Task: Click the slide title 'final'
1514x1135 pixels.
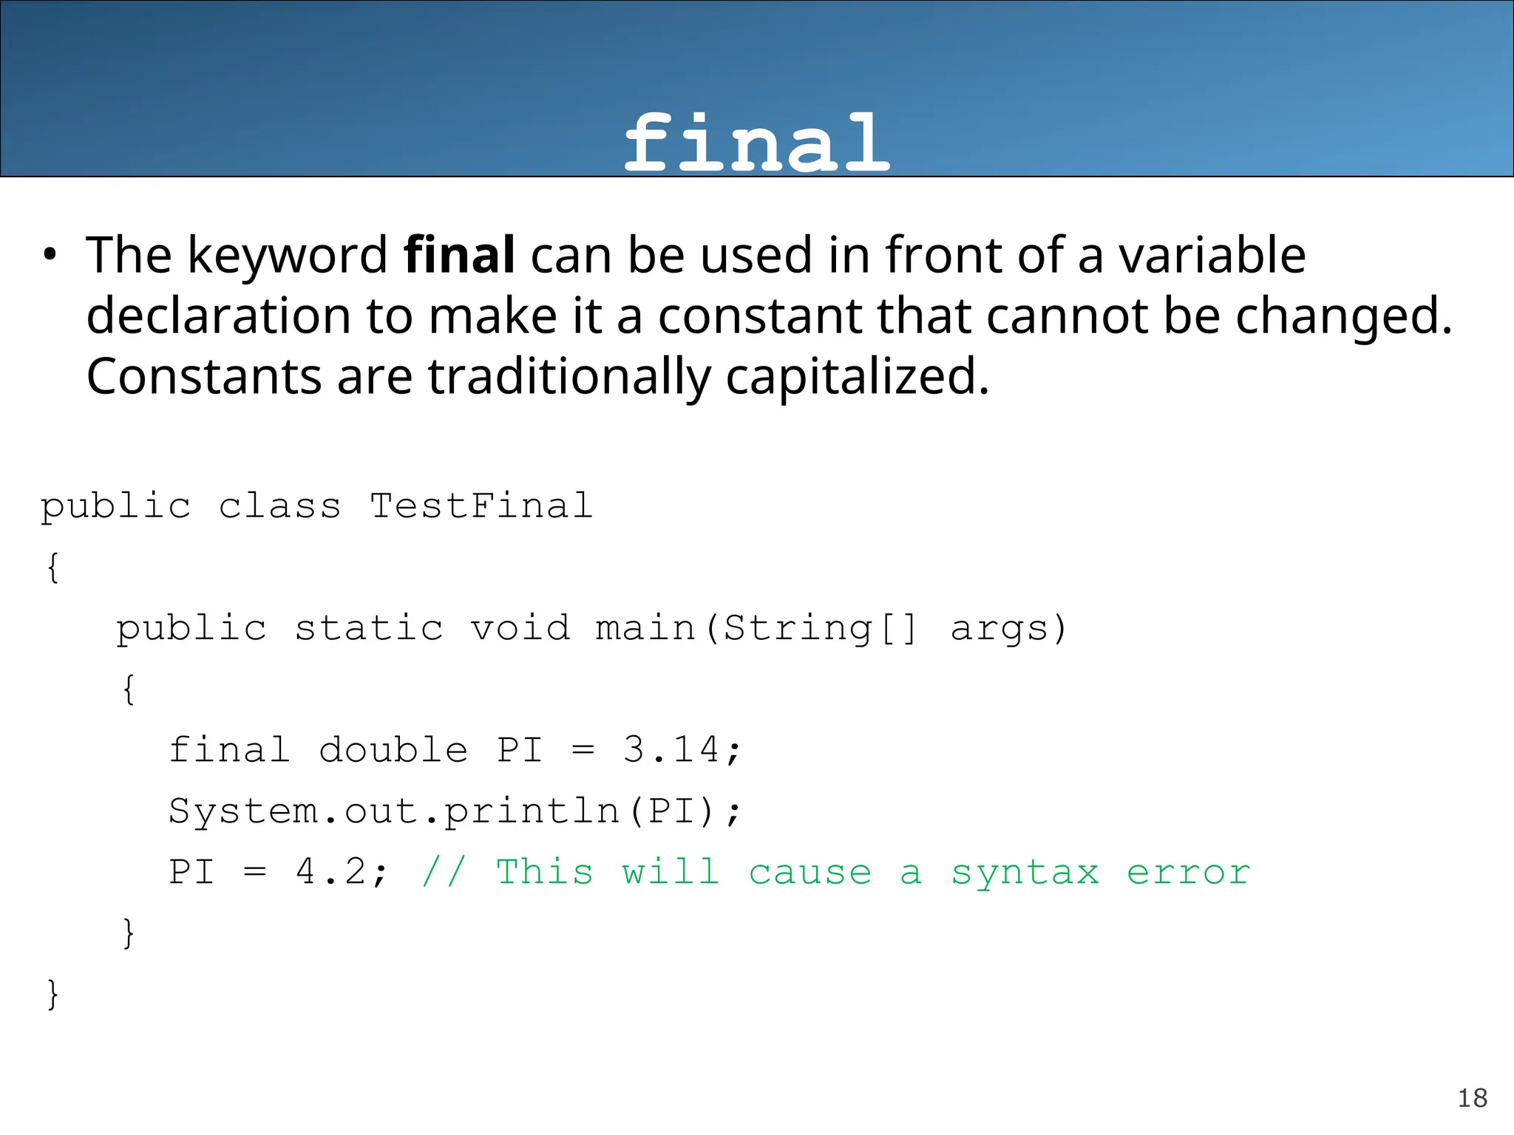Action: [x=756, y=143]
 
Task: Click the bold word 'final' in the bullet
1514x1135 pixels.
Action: [x=459, y=255]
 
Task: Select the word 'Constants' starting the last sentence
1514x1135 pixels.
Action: [x=203, y=377]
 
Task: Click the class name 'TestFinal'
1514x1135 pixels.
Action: [x=481, y=507]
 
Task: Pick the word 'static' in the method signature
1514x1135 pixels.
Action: [x=369, y=629]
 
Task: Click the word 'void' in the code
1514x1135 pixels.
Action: [x=520, y=629]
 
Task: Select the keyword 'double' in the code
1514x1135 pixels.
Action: [x=393, y=751]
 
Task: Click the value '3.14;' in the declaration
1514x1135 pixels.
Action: [x=682, y=751]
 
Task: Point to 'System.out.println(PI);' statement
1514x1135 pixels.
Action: [x=454, y=812]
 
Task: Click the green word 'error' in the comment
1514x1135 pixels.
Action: [x=1188, y=873]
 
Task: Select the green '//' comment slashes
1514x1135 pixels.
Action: [x=444, y=873]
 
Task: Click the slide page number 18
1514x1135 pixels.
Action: [x=1472, y=1099]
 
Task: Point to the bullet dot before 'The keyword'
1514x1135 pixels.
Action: [x=50, y=256]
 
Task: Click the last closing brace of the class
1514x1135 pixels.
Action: [x=52, y=995]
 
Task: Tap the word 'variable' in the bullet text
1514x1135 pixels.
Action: [x=1212, y=256]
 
